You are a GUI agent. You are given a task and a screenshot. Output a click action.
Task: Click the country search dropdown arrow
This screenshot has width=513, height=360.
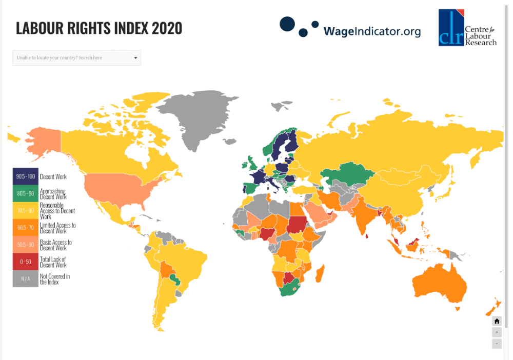coord(135,58)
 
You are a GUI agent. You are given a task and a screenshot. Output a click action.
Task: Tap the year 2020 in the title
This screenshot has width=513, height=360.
coord(167,28)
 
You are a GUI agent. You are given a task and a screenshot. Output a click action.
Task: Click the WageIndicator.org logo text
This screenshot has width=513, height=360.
coord(371,31)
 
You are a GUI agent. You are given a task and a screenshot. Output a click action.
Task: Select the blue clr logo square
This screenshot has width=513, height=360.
coord(451,28)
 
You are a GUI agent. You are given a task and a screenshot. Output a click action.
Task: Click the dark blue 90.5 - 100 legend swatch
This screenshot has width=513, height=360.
coord(25,177)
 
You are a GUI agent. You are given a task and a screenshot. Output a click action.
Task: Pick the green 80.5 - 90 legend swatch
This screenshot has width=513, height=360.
coord(25,194)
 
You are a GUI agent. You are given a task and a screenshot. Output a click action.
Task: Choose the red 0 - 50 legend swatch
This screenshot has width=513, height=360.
coord(25,262)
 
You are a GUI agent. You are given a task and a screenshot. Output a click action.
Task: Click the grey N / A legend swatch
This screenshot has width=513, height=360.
coord(25,278)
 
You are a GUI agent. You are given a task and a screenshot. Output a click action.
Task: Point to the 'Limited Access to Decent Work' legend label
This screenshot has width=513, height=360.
coord(57,228)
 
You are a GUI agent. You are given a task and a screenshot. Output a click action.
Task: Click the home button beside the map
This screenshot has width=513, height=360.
coord(497,321)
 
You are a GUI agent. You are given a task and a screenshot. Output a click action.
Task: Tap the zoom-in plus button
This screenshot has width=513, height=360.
coord(497,332)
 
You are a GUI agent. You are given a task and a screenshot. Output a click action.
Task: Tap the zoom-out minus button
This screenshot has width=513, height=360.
coord(497,343)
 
